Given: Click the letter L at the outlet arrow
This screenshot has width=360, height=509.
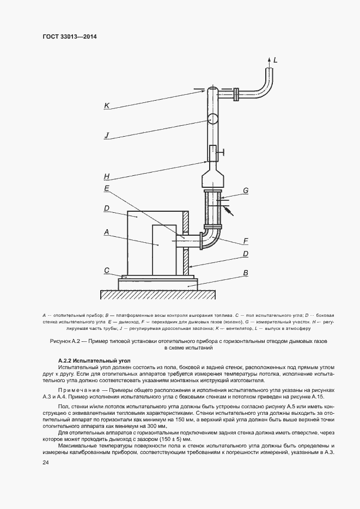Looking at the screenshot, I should pos(276,60).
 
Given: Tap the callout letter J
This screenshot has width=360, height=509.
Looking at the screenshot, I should pos(107,136).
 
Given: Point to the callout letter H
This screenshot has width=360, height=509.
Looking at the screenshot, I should pos(107,176).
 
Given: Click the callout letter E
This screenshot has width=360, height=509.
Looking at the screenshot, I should pos(107,188).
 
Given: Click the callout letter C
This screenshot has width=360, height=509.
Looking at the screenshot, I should pos(107,270).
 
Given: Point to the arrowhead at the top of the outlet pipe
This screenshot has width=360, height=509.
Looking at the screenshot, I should pos(269,58).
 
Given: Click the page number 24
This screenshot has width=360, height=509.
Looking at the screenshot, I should pos(46,463).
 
